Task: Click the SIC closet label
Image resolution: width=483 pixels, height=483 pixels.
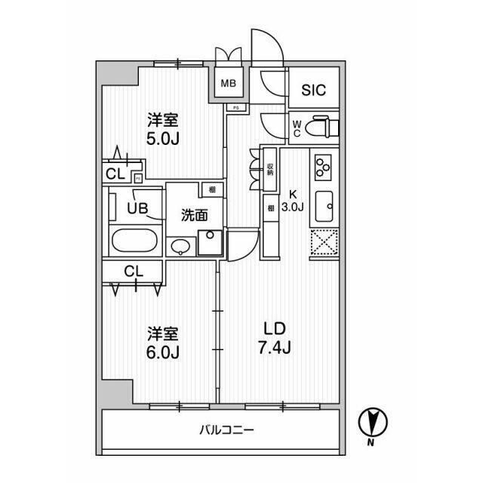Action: (314, 91)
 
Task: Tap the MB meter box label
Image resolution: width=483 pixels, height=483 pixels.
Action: (229, 85)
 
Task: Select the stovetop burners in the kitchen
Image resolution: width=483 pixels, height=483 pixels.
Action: (325, 166)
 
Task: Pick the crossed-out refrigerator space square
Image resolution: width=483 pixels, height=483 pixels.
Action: (325, 244)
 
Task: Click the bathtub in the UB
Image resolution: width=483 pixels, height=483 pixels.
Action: (135, 243)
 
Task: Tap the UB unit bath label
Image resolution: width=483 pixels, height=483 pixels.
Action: (137, 207)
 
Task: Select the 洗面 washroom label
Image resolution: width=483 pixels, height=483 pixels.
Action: (194, 215)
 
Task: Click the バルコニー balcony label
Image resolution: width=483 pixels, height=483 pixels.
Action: (226, 430)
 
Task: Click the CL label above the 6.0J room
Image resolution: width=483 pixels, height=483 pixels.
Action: (134, 270)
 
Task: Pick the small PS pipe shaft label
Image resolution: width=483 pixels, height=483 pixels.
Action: (235, 107)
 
